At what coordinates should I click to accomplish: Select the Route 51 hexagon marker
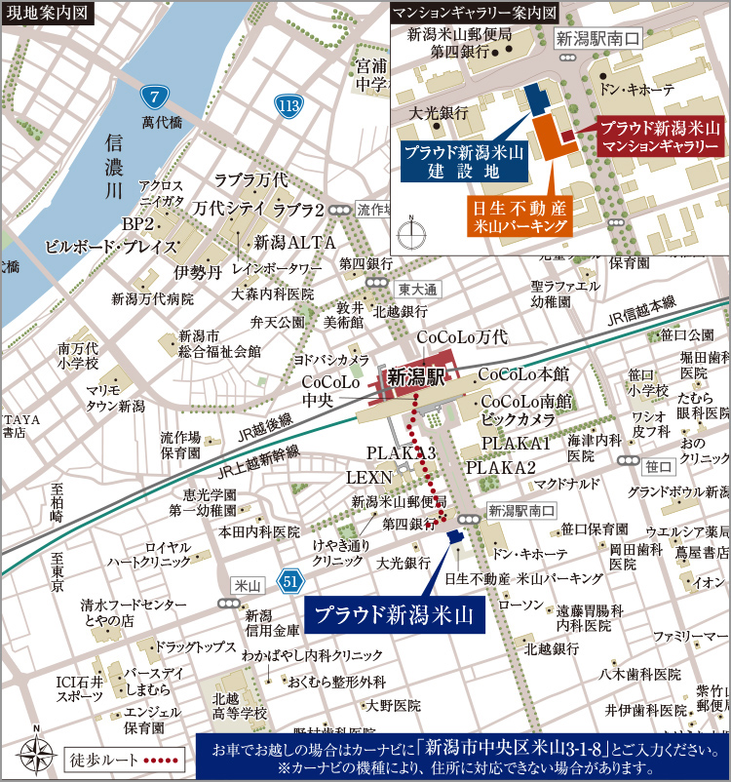tap(289, 582)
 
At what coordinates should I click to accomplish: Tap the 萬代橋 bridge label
tap(162, 123)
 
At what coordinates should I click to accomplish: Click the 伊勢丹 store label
tap(198, 270)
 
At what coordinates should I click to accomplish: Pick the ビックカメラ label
tap(518, 418)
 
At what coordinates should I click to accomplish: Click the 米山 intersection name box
tap(245, 585)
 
